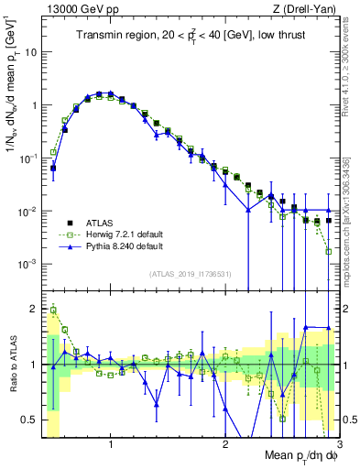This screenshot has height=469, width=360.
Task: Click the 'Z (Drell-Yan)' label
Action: pos(306,9)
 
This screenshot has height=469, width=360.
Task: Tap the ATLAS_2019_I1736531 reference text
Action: pos(189,274)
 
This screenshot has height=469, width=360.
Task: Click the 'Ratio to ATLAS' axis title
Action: pos(12,365)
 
